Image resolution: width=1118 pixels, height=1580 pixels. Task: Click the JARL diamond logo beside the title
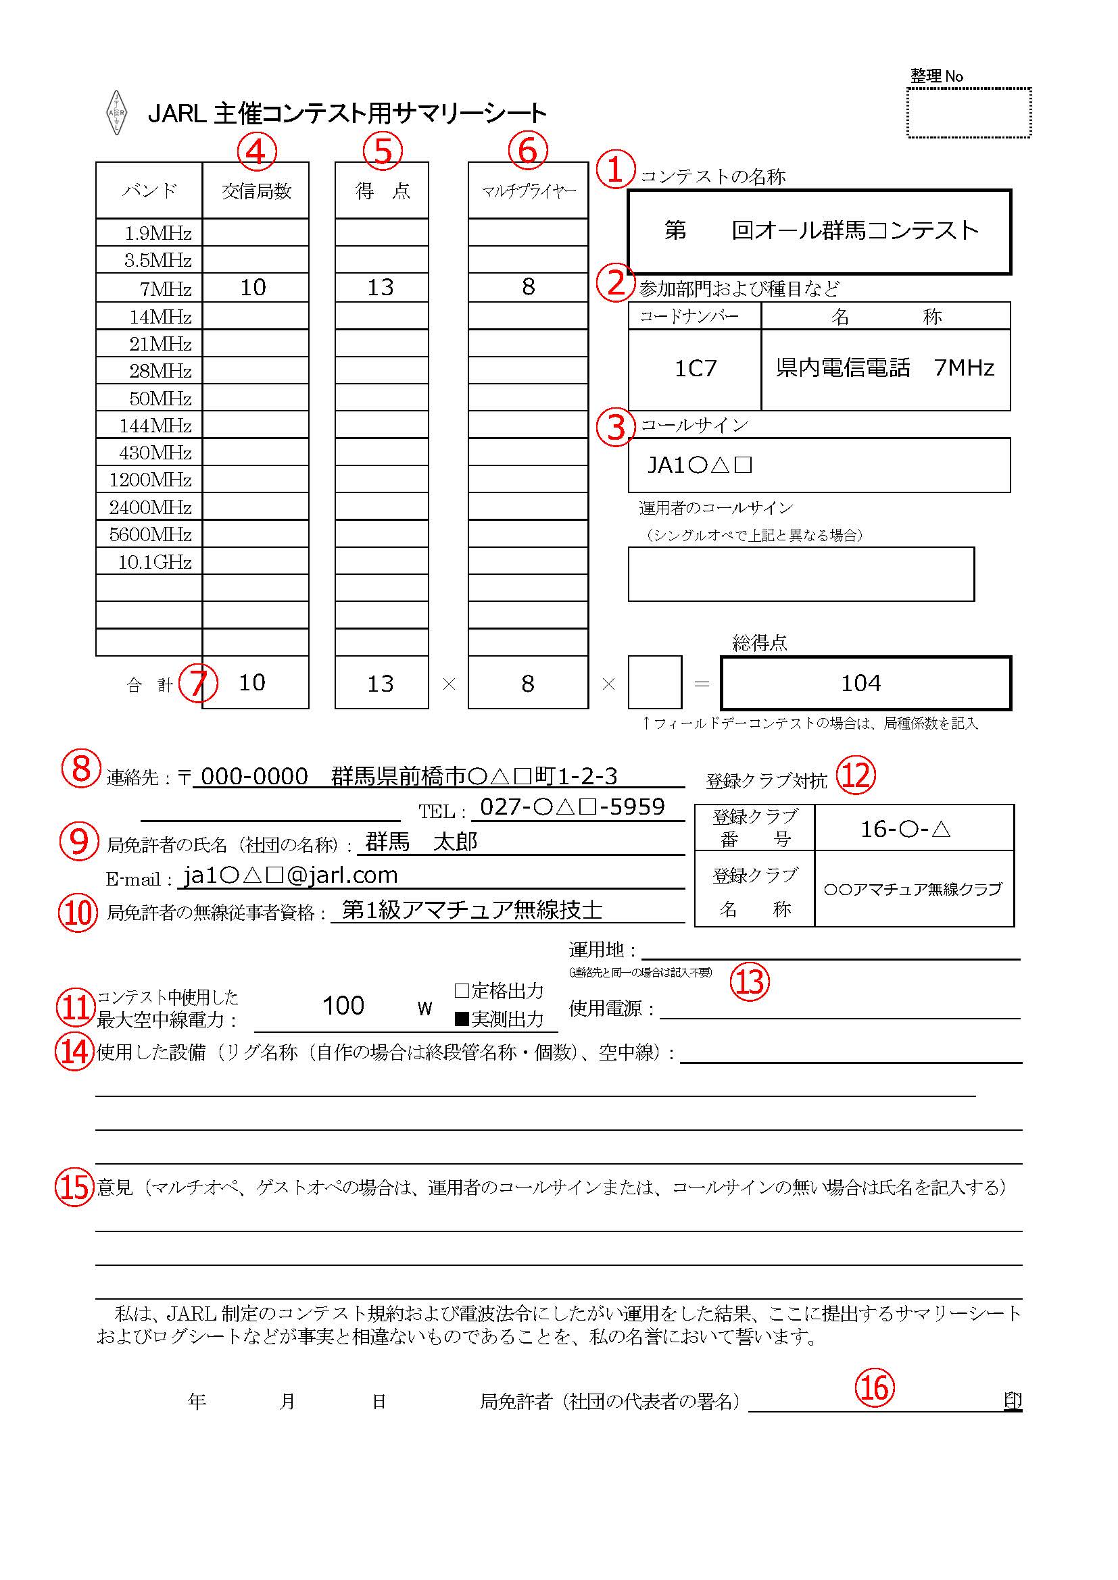click(x=117, y=113)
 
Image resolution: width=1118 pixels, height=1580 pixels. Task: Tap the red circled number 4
click(x=257, y=151)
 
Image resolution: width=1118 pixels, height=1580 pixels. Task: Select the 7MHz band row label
click(x=165, y=288)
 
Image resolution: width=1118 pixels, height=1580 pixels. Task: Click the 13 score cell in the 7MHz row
click(x=381, y=288)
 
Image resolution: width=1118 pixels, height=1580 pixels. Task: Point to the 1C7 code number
click(x=696, y=369)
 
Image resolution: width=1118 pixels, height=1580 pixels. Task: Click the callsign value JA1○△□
click(x=700, y=466)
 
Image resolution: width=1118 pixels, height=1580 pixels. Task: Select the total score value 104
click(x=860, y=684)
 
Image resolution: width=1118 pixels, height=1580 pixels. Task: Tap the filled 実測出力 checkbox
click(x=462, y=1019)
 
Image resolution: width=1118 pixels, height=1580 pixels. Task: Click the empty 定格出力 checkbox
click(x=462, y=991)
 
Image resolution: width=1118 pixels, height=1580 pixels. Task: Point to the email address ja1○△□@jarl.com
click(x=291, y=875)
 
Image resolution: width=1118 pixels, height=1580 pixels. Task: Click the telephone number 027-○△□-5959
click(x=572, y=807)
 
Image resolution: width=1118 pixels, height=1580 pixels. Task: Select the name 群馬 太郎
click(x=420, y=842)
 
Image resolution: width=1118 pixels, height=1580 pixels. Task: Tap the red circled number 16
click(x=874, y=1387)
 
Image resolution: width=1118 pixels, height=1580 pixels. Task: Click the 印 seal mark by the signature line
click(x=1012, y=1401)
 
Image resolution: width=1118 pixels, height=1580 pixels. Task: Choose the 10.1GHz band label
click(x=155, y=562)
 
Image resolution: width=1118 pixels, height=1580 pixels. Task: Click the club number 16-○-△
click(x=905, y=830)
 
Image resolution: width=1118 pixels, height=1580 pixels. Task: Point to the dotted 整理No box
click(x=969, y=113)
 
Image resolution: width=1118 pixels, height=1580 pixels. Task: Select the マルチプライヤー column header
click(x=528, y=190)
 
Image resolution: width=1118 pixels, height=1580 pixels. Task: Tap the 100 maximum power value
click(x=343, y=1006)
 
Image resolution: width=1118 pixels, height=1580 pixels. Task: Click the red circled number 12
click(x=856, y=775)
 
